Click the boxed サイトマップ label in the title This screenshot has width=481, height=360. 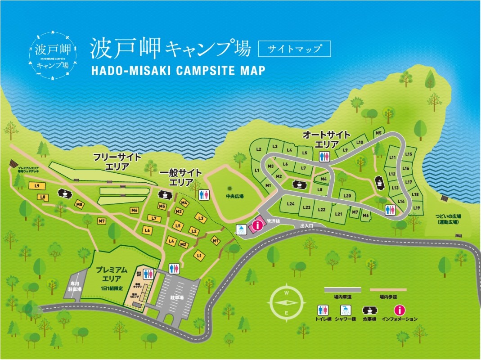(294, 49)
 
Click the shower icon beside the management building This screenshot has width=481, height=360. (242, 229)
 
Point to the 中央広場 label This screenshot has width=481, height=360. (234, 196)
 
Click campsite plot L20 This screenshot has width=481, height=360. (347, 196)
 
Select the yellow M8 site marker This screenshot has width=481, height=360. (80, 205)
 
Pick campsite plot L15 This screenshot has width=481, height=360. (408, 154)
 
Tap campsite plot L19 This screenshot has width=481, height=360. (417, 207)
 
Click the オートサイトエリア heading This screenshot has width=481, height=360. (327, 139)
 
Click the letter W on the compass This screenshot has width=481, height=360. (287, 292)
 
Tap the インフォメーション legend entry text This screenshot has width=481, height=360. (399, 319)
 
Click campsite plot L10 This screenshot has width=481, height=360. (360, 142)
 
